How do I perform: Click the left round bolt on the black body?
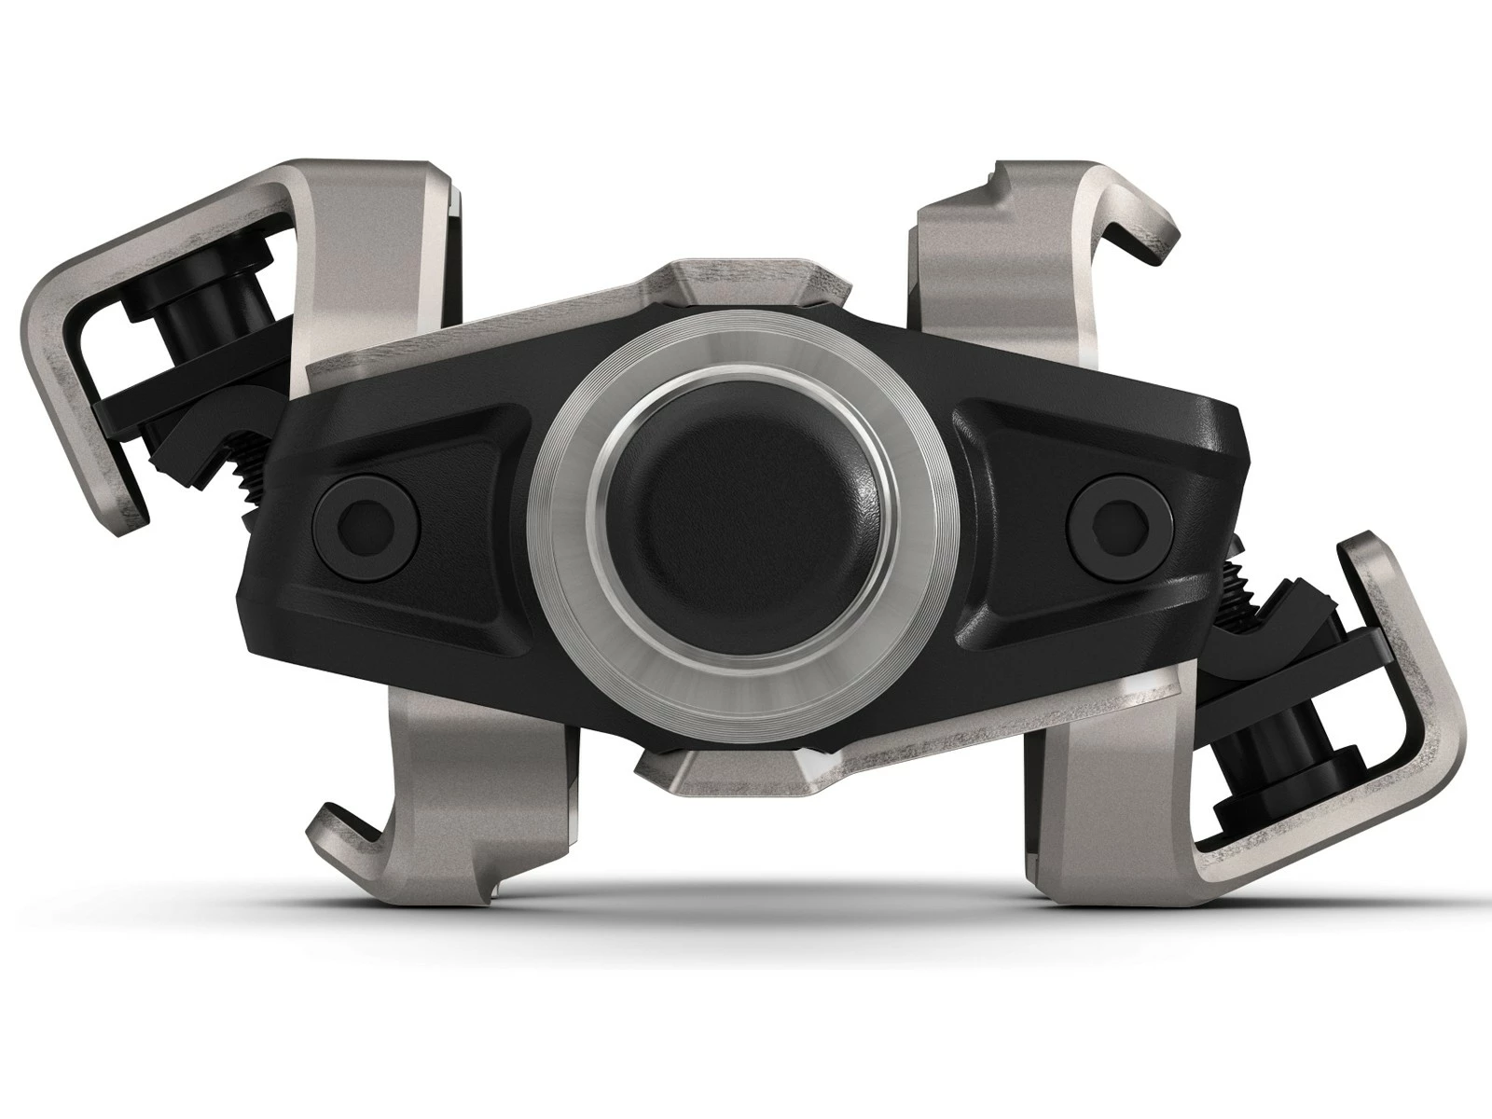point(364,515)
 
